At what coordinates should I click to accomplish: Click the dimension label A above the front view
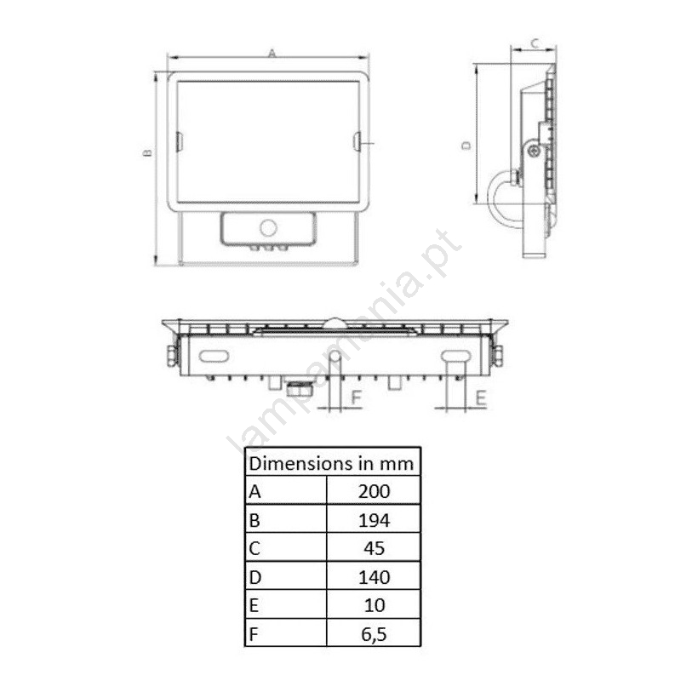point(272,54)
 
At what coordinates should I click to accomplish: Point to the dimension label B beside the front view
point(148,152)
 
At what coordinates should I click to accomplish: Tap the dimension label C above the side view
point(535,43)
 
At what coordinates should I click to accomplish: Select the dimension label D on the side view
point(467,146)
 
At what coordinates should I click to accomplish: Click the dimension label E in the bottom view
point(481,398)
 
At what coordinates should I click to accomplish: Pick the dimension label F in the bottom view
point(356,398)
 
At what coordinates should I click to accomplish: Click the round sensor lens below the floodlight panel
point(268,228)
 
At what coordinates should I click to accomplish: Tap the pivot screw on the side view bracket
point(535,151)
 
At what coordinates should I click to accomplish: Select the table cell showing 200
point(374,491)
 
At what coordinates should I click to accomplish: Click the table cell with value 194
point(374,520)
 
